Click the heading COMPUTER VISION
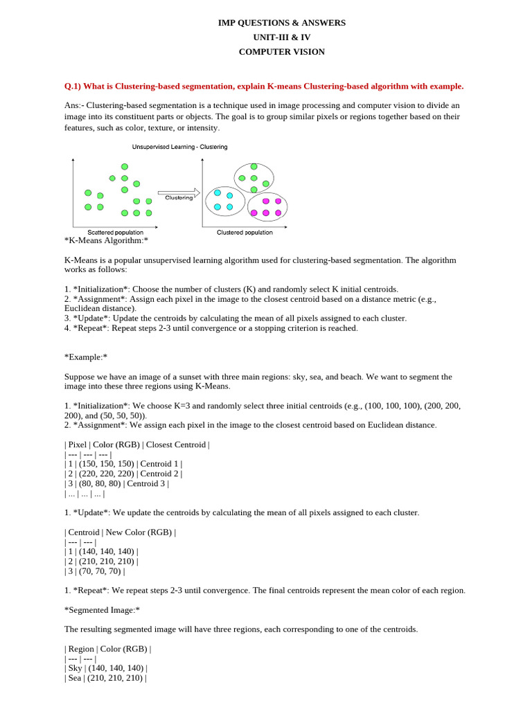[x=281, y=52]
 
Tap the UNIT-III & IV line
[x=281, y=37]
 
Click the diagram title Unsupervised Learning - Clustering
[x=179, y=147]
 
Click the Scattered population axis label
[x=116, y=233]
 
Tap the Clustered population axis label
[x=245, y=233]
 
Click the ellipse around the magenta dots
[x=267, y=206]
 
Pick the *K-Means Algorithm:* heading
[x=106, y=240]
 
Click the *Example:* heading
[x=86, y=357]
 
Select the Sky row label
[x=75, y=669]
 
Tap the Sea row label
[x=75, y=679]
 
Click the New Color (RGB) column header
[x=141, y=532]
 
